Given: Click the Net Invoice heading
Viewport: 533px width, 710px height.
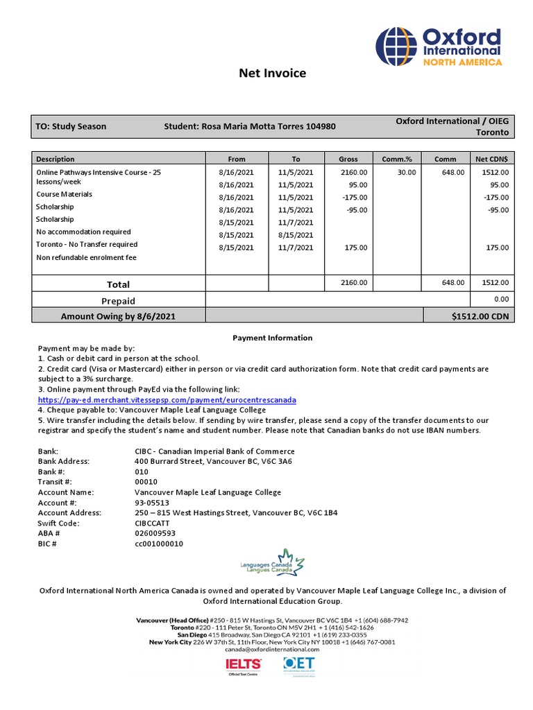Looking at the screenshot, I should (x=272, y=73).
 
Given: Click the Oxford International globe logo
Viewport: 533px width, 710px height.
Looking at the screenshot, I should (x=396, y=46).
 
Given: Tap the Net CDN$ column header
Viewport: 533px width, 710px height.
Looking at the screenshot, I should (x=492, y=159).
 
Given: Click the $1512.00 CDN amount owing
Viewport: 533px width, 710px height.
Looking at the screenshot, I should (x=480, y=316).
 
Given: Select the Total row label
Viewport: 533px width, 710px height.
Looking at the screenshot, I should (x=118, y=284).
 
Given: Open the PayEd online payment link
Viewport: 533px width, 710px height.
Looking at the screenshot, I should (x=167, y=400).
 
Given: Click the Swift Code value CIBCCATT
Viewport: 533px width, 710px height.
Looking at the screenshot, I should (x=155, y=523).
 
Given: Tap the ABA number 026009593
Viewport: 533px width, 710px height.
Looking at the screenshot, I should (x=155, y=534).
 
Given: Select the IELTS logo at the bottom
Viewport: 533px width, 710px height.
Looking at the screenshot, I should (x=243, y=666).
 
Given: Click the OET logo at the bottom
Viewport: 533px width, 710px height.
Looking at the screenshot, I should (x=299, y=666).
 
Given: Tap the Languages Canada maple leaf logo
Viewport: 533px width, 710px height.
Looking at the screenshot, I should (x=271, y=563).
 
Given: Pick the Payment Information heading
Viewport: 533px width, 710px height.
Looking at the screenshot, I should (x=272, y=338).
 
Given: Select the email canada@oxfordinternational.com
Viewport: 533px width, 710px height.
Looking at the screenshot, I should (x=272, y=650).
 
